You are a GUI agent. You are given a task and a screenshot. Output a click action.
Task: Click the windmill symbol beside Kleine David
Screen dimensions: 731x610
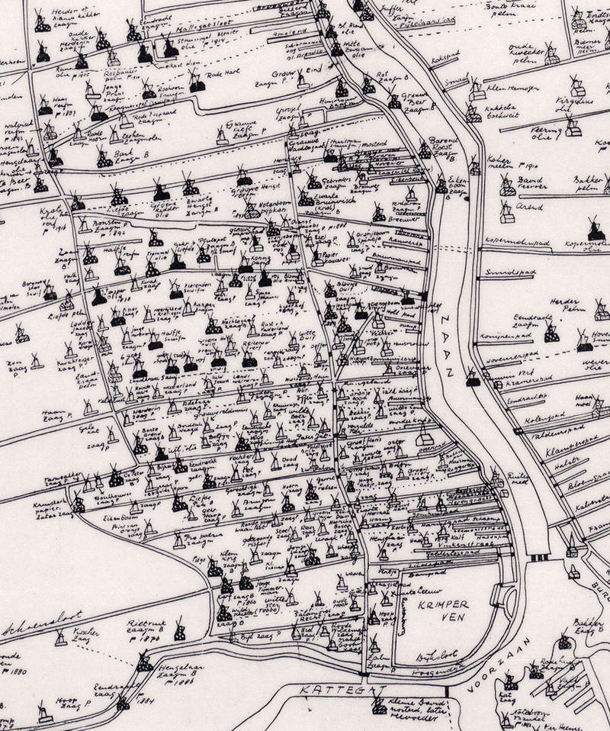379,707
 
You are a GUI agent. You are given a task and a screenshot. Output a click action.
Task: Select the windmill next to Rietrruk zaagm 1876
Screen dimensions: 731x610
180,630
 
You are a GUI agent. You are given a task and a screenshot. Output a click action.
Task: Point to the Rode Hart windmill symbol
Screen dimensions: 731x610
197,83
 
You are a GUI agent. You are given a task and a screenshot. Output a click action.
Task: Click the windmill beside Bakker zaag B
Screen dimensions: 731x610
564,641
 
